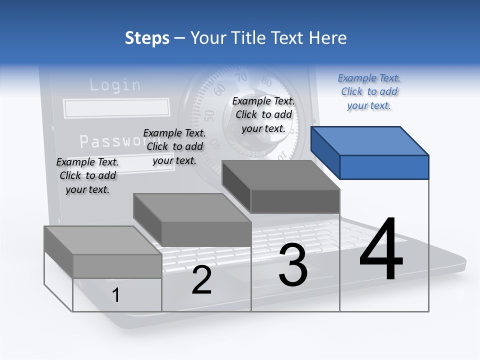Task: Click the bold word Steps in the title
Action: click(x=147, y=38)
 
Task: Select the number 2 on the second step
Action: click(x=201, y=280)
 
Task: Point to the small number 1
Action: click(x=116, y=295)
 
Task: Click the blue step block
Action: click(x=370, y=152)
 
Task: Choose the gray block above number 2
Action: click(x=192, y=219)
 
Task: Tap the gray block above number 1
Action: click(x=103, y=252)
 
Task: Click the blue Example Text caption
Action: click(x=369, y=91)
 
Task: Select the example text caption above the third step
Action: click(x=263, y=114)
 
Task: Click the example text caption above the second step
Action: click(x=174, y=146)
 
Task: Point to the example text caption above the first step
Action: click(x=87, y=175)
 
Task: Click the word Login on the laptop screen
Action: click(x=115, y=84)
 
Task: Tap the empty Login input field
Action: click(x=116, y=107)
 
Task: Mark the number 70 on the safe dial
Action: click(x=241, y=77)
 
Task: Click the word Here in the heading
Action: click(x=328, y=38)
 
